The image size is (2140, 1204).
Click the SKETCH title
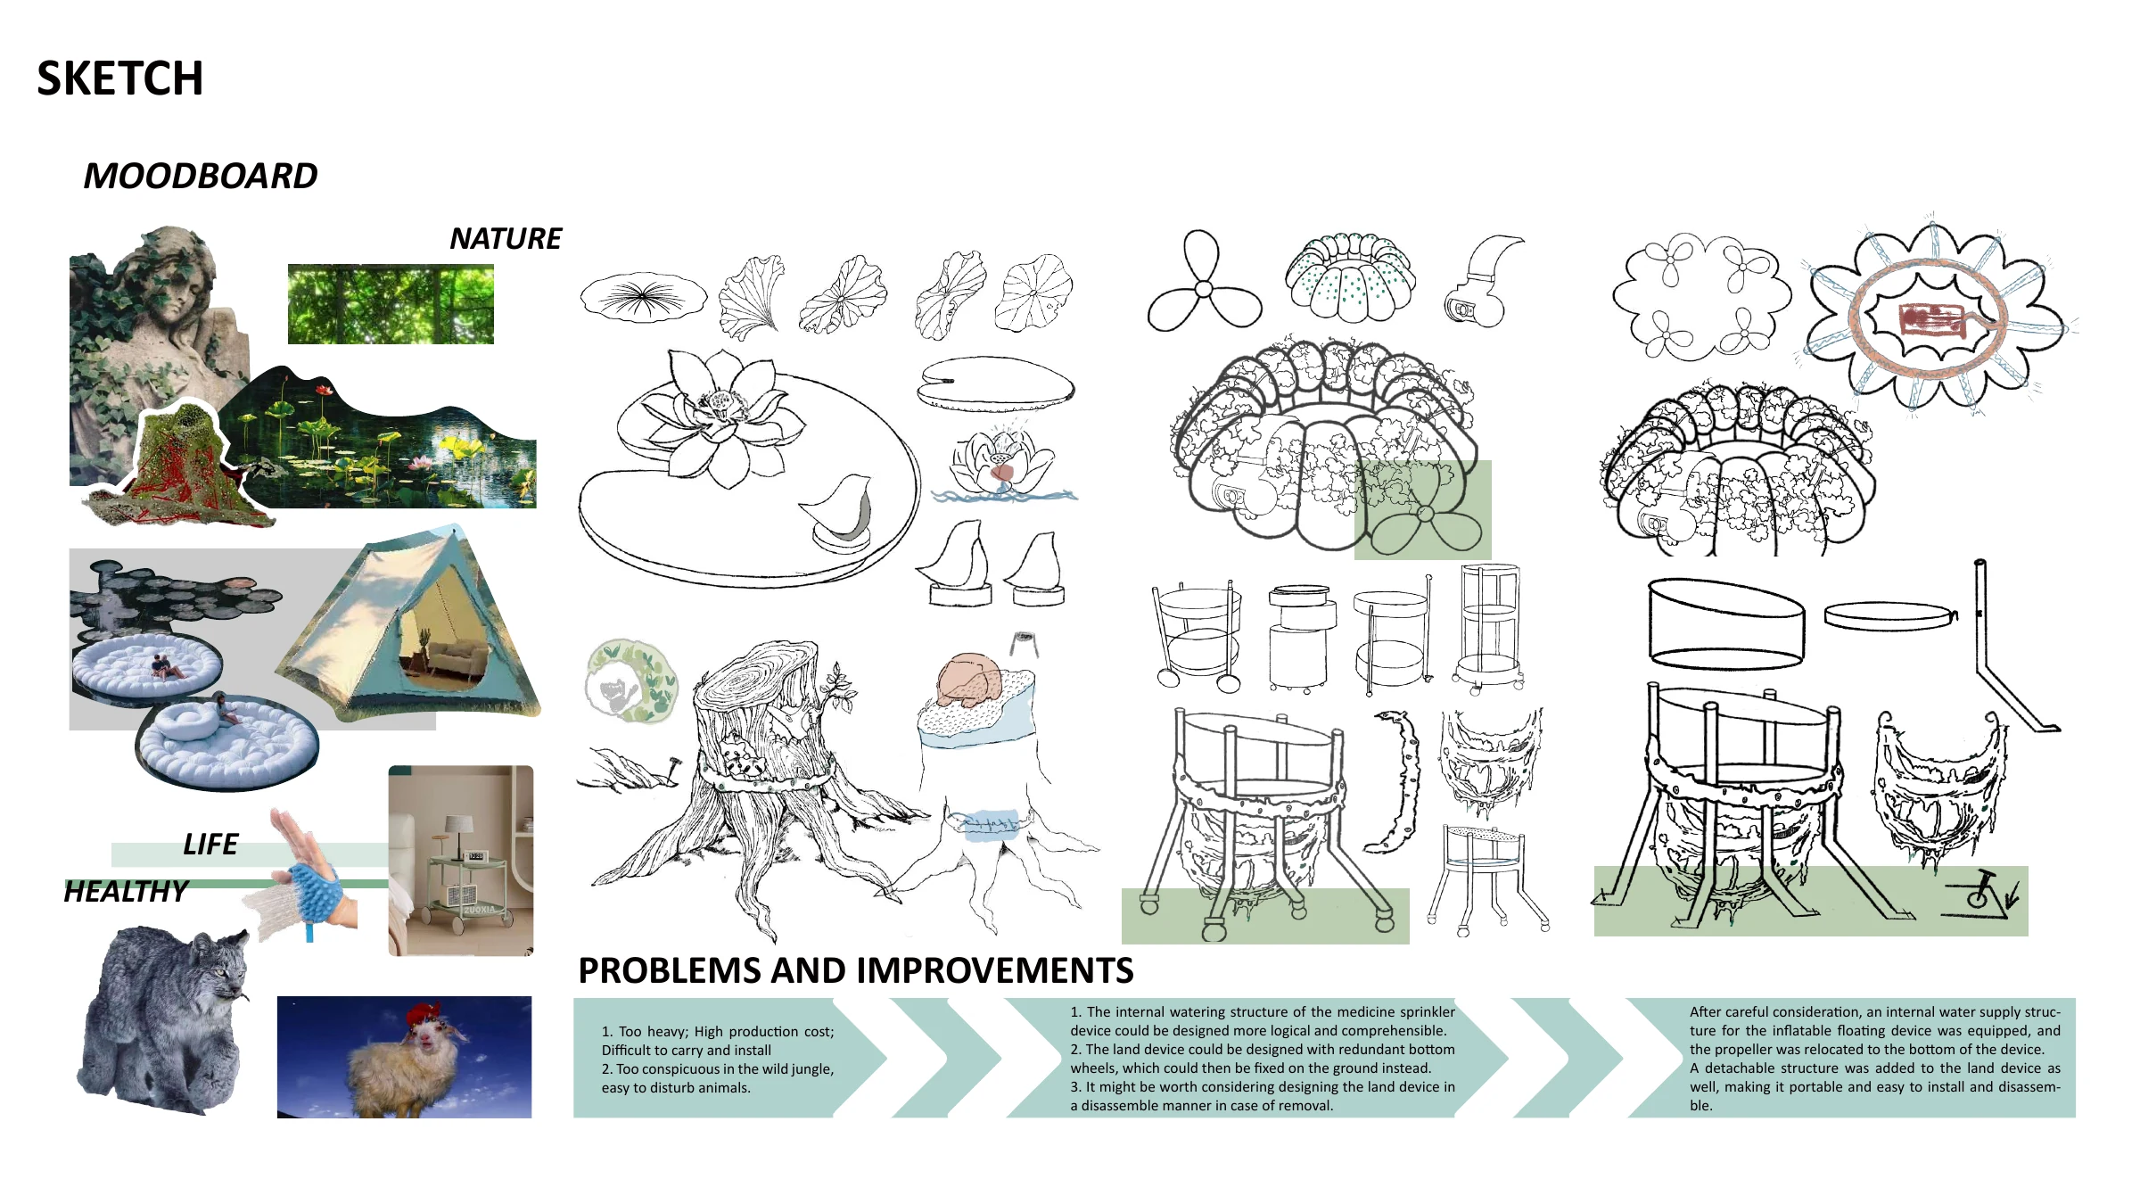[x=119, y=78]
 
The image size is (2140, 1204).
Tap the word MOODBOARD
[x=201, y=176]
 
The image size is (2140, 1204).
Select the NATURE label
[x=506, y=238]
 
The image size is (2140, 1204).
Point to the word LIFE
[x=210, y=844]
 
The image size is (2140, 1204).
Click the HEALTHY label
[x=126, y=891]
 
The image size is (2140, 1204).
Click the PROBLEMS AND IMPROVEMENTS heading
[x=856, y=970]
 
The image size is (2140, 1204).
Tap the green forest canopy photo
[x=391, y=304]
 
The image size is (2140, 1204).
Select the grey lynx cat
[x=165, y=1017]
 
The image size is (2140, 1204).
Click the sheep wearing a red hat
[x=406, y=1066]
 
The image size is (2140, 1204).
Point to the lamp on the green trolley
[x=457, y=834]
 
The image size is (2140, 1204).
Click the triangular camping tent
[x=410, y=624]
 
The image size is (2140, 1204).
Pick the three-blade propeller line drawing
[x=1204, y=283]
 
